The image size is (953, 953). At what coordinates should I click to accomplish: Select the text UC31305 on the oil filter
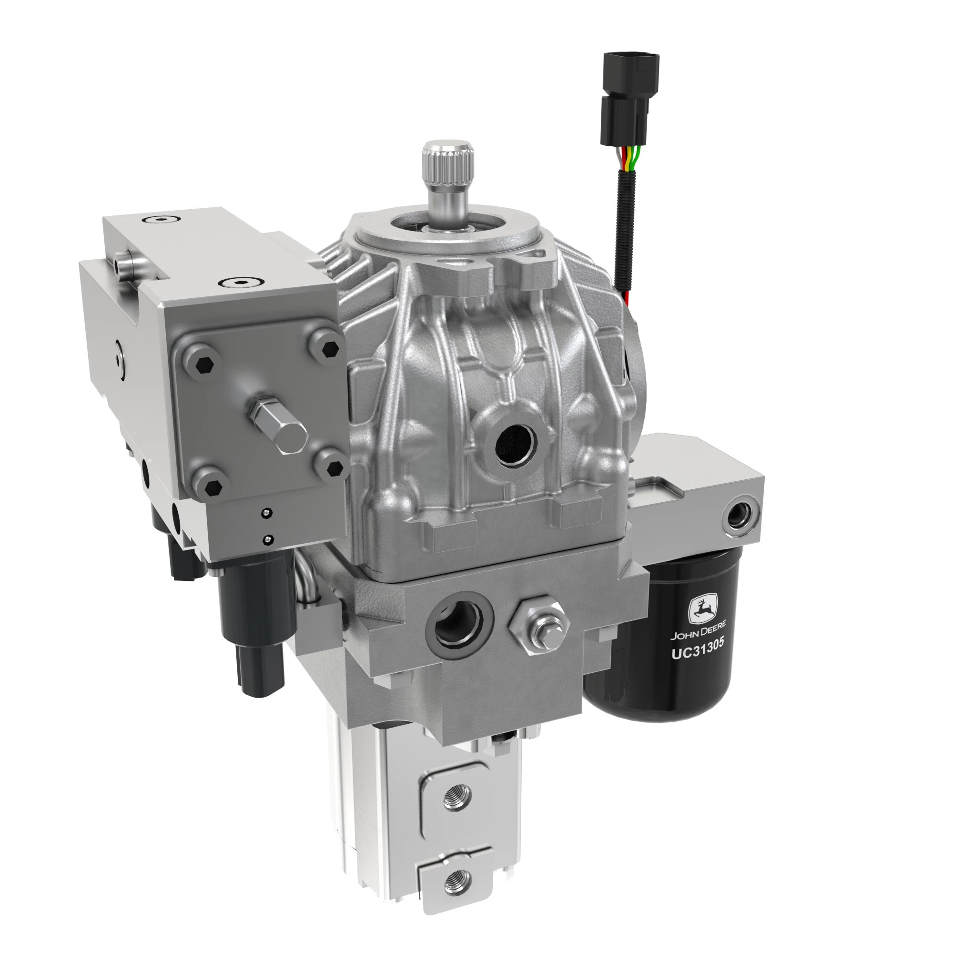(698, 649)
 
